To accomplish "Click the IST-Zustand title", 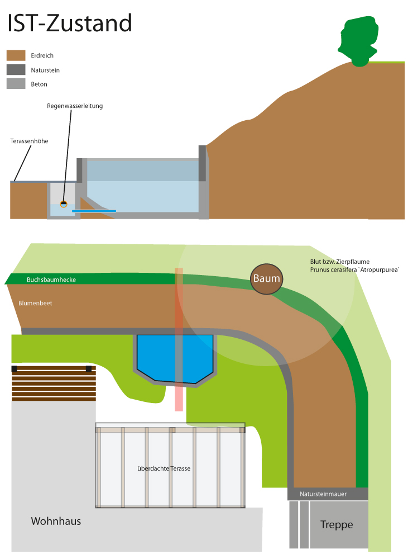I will pyautogui.click(x=69, y=23).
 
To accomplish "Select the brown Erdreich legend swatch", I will pyautogui.click(x=16, y=55).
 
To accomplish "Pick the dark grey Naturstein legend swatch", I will pyautogui.click(x=16, y=70).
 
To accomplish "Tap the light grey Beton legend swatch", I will pyautogui.click(x=16, y=84).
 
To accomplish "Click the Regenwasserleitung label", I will pyautogui.click(x=75, y=106).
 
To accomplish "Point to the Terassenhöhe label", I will pyautogui.click(x=29, y=141).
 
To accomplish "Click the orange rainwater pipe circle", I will pyautogui.click(x=64, y=203).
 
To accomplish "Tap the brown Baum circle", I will pyautogui.click(x=266, y=279).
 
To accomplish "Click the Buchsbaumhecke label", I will pyautogui.click(x=51, y=279).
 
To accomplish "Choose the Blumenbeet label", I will pyautogui.click(x=35, y=303).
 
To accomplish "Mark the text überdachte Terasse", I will pyautogui.click(x=164, y=468).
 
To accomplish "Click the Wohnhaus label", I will pyautogui.click(x=56, y=522).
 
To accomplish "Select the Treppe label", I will pyautogui.click(x=337, y=525).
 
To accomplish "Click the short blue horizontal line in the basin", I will pyautogui.click(x=94, y=211).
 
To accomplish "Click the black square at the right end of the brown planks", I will pyautogui.click(x=89, y=368).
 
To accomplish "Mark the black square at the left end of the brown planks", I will pyautogui.click(x=15, y=368).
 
